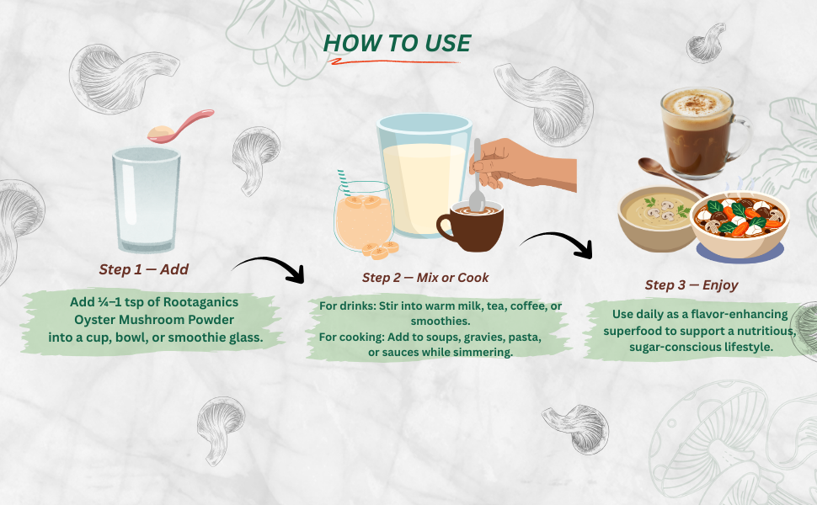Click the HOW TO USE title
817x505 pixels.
coord(397,43)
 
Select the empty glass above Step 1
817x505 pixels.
coord(147,200)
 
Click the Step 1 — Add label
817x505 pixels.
coord(144,269)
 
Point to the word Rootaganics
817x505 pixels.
coord(200,302)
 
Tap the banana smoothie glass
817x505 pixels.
coord(363,216)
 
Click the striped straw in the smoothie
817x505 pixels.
coord(344,182)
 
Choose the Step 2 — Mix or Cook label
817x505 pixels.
coord(425,278)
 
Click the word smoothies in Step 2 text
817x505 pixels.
coord(441,321)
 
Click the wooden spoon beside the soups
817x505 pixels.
coord(672,177)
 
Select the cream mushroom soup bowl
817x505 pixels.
coord(658,219)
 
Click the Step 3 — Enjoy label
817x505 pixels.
coord(692,284)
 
